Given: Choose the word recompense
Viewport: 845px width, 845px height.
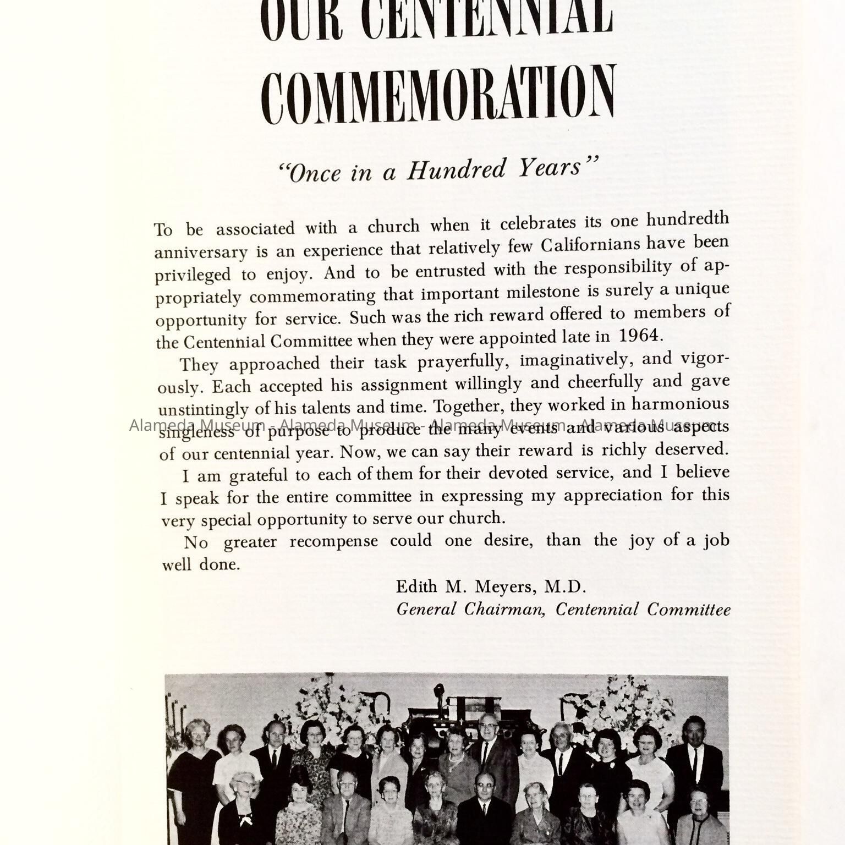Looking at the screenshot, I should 333,541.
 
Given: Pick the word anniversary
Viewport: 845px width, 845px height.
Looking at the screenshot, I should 201,253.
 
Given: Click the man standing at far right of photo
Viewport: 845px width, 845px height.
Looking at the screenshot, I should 694,759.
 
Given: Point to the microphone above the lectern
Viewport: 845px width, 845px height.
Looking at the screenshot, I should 438,690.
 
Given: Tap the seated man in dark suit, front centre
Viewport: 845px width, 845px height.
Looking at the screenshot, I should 483,809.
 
